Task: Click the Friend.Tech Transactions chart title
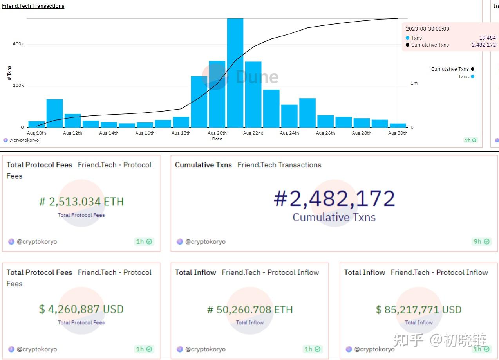pyautogui.click(x=33, y=6)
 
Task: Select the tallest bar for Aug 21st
pyautogui.click(x=235, y=74)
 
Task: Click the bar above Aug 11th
pyautogui.click(x=54, y=113)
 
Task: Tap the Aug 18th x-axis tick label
pyautogui.click(x=181, y=133)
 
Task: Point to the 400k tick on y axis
pyautogui.click(x=18, y=44)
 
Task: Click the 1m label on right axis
pyautogui.click(x=414, y=83)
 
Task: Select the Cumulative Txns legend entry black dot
pyautogui.click(x=473, y=69)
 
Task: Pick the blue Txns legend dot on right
pyautogui.click(x=473, y=77)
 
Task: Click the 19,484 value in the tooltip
pyautogui.click(x=487, y=38)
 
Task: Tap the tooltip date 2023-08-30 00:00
pyautogui.click(x=427, y=29)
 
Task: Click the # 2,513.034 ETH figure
pyautogui.click(x=81, y=202)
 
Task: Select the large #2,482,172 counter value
pyautogui.click(x=334, y=199)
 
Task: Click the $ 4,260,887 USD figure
pyautogui.click(x=81, y=310)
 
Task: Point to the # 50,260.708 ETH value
pyautogui.click(x=250, y=310)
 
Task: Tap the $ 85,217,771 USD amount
pyautogui.click(x=419, y=310)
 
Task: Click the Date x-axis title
pyautogui.click(x=217, y=139)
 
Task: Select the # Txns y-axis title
pyautogui.click(x=9, y=73)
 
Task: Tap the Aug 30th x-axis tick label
pyautogui.click(x=398, y=133)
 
